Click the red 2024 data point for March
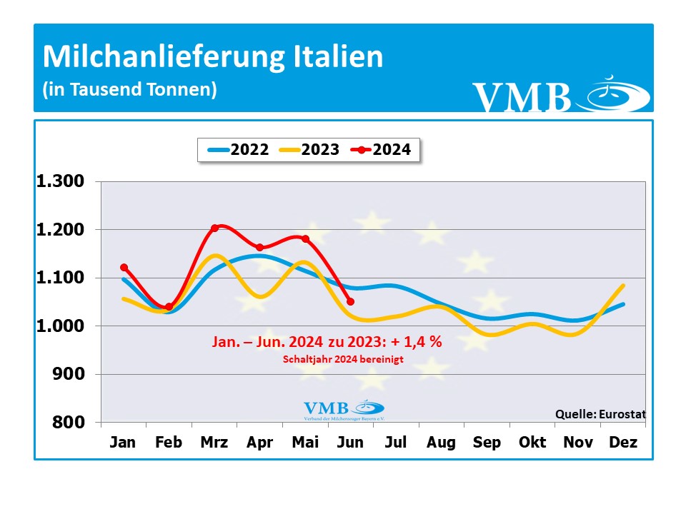point(214,228)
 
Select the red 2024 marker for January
point(124,267)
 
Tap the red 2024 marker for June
point(350,301)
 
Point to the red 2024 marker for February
point(169,307)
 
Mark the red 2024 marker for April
point(259,248)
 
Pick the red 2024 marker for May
point(305,238)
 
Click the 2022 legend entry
point(238,150)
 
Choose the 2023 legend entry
point(309,150)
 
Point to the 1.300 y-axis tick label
point(60,181)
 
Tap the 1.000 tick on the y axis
point(60,326)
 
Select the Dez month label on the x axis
point(622,443)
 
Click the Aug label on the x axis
point(441,443)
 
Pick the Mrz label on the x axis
point(214,443)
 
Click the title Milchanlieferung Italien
point(213,57)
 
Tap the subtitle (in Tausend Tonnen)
point(129,90)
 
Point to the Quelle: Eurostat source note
point(600,414)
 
